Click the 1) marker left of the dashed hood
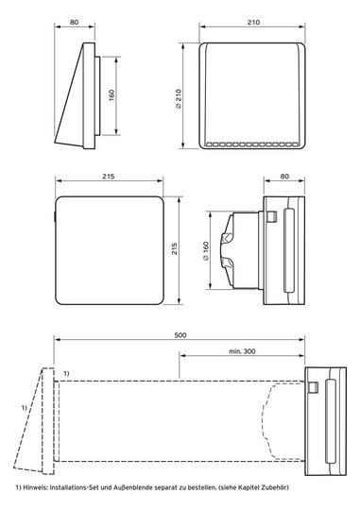click(24, 407)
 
